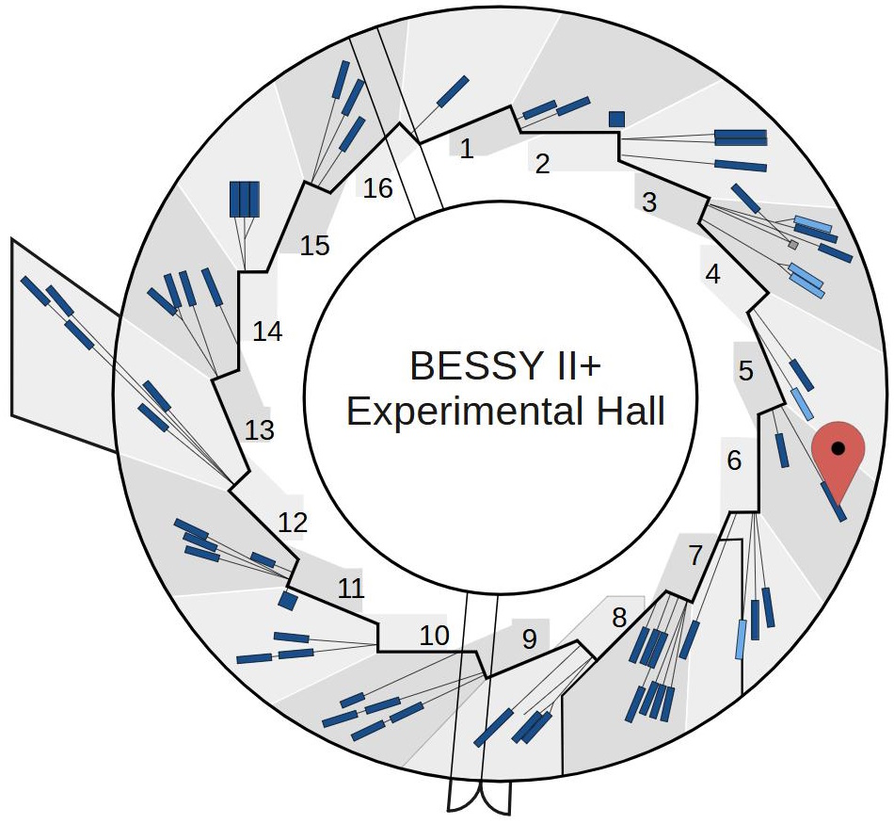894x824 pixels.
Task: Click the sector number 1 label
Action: click(467, 148)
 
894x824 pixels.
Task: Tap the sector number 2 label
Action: click(542, 164)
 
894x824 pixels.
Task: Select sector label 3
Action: click(649, 202)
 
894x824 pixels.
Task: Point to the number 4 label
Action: click(712, 275)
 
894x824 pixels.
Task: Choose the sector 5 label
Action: click(746, 371)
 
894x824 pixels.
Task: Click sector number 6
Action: click(735, 461)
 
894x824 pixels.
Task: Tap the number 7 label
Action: click(695, 556)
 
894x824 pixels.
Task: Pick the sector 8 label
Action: click(618, 619)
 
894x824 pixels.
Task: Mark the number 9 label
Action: click(529, 639)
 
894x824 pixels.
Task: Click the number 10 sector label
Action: click(434, 636)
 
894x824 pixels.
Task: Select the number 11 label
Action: click(350, 590)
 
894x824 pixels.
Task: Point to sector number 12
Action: click(294, 523)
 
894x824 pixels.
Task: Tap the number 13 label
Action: click(260, 430)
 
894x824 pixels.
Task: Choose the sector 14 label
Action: click(268, 332)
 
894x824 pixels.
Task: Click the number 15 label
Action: click(315, 247)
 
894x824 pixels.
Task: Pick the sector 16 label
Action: click(377, 188)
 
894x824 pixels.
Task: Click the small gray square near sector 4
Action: click(793, 245)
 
